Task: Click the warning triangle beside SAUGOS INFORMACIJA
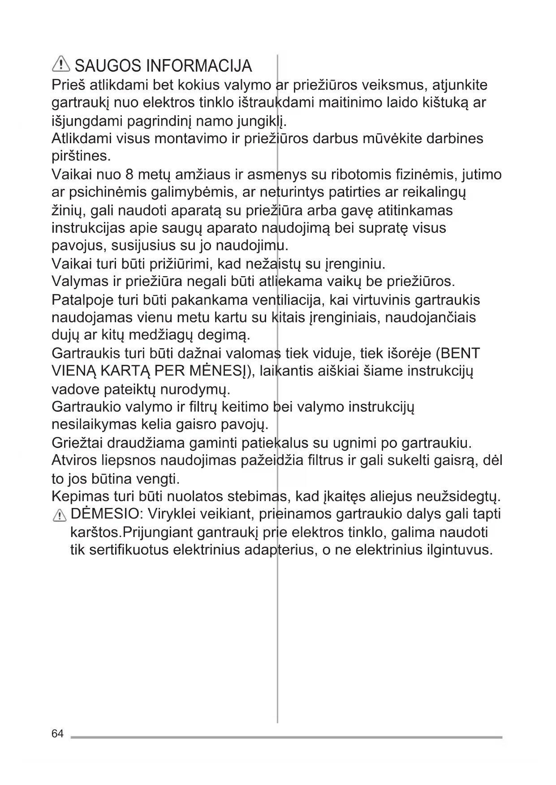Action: click(61, 65)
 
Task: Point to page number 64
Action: click(58, 734)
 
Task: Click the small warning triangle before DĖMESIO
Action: click(59, 516)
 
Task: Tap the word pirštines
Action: click(81, 157)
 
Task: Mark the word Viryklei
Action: click(174, 514)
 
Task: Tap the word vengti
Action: click(159, 479)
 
